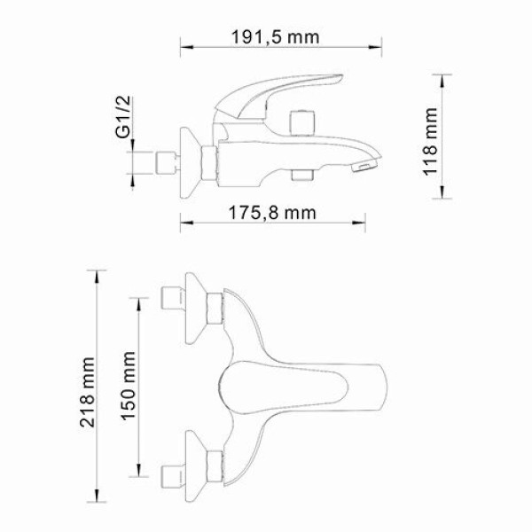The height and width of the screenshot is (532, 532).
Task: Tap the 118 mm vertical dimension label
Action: coord(431,142)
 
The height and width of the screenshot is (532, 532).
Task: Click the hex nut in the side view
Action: coord(210,160)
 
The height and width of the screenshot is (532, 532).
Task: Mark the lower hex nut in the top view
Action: coord(213,462)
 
